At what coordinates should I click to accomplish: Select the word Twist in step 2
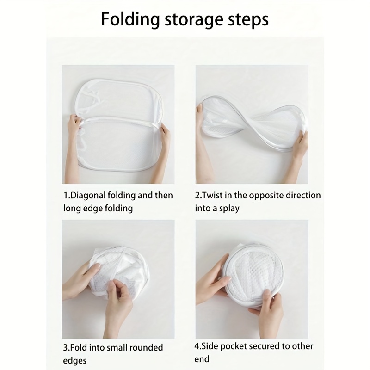click(x=214, y=195)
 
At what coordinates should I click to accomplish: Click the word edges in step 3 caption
click(x=75, y=360)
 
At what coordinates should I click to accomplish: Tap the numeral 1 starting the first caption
click(x=65, y=195)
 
